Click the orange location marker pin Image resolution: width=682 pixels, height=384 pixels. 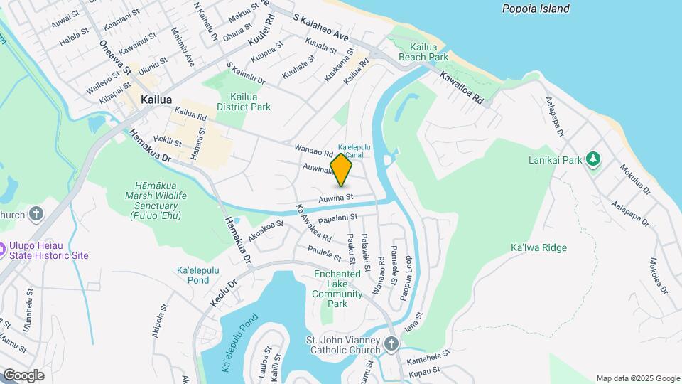click(342, 169)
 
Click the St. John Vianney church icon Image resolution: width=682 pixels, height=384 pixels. click(390, 345)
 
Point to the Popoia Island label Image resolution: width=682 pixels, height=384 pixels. click(536, 9)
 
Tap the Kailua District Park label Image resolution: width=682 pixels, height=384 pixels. click(244, 102)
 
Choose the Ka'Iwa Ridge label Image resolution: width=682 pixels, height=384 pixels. click(538, 247)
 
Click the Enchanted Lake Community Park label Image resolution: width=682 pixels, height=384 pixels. click(338, 289)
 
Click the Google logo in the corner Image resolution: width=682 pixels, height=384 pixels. click(23, 375)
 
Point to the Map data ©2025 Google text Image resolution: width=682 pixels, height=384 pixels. click(638, 378)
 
